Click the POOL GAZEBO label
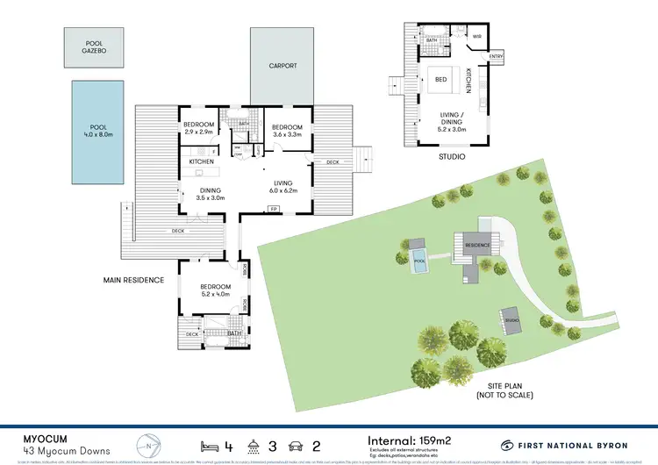[93, 47]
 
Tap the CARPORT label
[283, 66]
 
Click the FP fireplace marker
[274, 209]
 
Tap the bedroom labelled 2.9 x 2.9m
[199, 129]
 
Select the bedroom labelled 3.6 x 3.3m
[282, 130]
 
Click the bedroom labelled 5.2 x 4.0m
[215, 290]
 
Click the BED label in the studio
[440, 80]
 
